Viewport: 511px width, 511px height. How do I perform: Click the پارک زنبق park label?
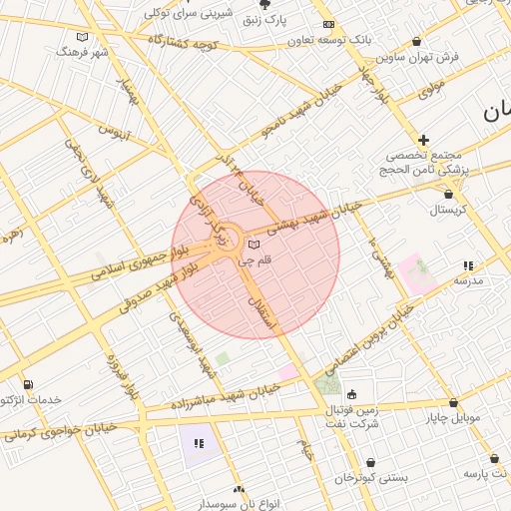pos(291,19)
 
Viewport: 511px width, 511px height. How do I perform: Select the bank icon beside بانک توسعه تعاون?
pos(329,24)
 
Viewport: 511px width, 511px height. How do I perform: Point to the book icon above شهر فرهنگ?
pos(82,36)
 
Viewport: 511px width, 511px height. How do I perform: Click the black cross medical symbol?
pos(424,140)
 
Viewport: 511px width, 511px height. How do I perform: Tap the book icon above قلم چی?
pos(254,245)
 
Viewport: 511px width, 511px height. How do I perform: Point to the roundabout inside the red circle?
pos(226,240)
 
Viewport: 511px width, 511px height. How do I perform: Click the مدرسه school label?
pos(468,280)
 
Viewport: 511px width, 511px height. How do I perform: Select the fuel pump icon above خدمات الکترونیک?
pos(27,384)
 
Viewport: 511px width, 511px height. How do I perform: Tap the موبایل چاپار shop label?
pos(454,418)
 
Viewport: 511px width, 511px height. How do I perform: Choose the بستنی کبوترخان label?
pos(372,478)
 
